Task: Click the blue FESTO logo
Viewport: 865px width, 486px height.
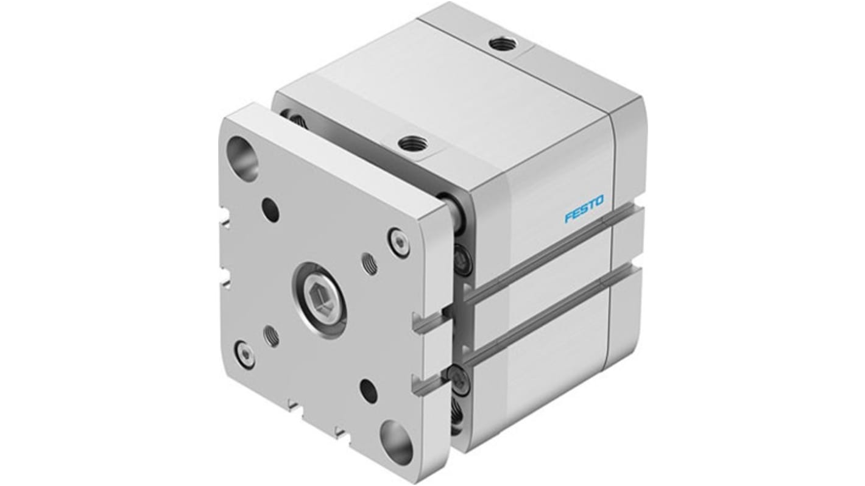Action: pyautogui.click(x=584, y=208)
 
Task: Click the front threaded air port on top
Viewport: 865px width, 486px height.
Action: pyautogui.click(x=412, y=144)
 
